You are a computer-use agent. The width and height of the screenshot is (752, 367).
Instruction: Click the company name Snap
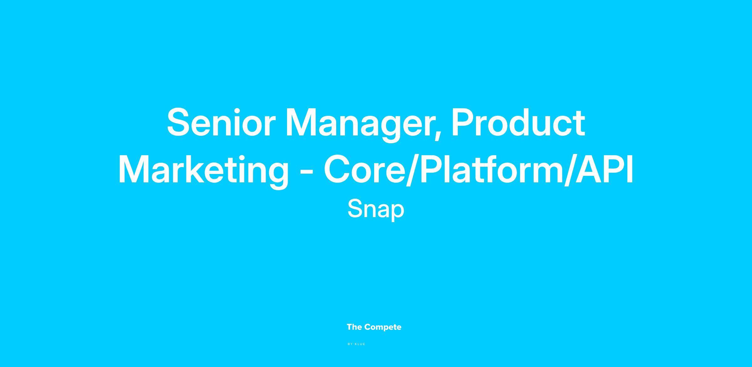pyautogui.click(x=376, y=209)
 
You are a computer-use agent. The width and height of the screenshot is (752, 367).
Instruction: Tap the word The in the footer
pyautogui.click(x=354, y=327)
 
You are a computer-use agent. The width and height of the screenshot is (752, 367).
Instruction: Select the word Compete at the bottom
pyautogui.click(x=383, y=328)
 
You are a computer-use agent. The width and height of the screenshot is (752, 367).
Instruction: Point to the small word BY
pyautogui.click(x=350, y=344)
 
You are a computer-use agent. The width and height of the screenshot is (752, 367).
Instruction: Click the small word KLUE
pyautogui.click(x=360, y=344)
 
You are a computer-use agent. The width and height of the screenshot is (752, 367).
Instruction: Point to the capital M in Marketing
pyautogui.click(x=134, y=169)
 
